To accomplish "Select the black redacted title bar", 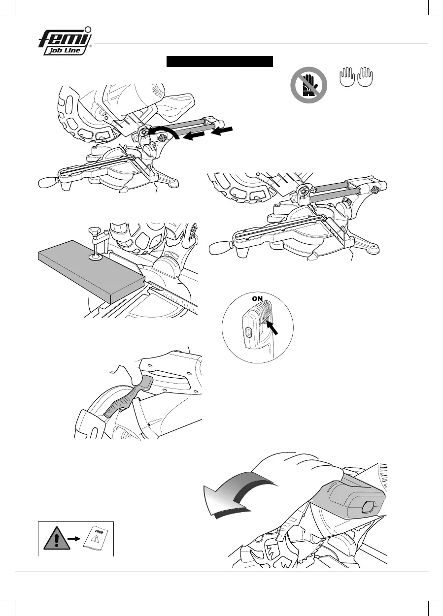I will pyautogui.click(x=220, y=62).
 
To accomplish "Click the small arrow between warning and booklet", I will pyautogui.click(x=74, y=539).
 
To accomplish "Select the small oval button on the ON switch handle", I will pyautogui.click(x=248, y=333).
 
